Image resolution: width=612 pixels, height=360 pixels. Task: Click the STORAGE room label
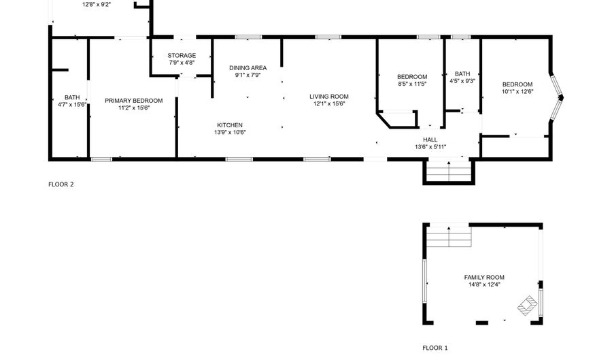182,55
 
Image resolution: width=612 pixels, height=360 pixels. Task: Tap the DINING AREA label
248,68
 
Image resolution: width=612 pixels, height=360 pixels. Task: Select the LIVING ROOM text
329,97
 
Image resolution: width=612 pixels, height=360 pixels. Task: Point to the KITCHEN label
230,125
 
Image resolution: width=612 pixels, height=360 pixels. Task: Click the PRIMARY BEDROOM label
134,101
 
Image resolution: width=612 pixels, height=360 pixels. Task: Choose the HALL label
430,140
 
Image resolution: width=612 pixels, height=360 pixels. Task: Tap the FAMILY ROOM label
484,277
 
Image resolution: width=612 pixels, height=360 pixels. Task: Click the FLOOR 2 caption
61,184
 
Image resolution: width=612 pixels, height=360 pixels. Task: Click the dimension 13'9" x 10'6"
230,133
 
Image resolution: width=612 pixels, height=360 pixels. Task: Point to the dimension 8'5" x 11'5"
412,84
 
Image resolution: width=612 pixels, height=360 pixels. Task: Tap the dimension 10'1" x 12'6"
517,92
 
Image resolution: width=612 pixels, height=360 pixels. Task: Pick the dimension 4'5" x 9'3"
462,81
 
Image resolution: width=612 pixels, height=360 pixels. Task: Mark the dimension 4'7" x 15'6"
72,105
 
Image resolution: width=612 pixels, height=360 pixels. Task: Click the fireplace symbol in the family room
527,306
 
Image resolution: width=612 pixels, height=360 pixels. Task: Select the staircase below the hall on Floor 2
449,171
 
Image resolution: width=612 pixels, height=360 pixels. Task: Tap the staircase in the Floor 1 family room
449,237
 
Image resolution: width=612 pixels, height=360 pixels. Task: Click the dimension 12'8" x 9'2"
97,5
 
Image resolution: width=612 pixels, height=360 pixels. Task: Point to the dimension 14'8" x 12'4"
484,284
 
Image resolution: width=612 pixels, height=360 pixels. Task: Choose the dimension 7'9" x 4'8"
182,63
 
